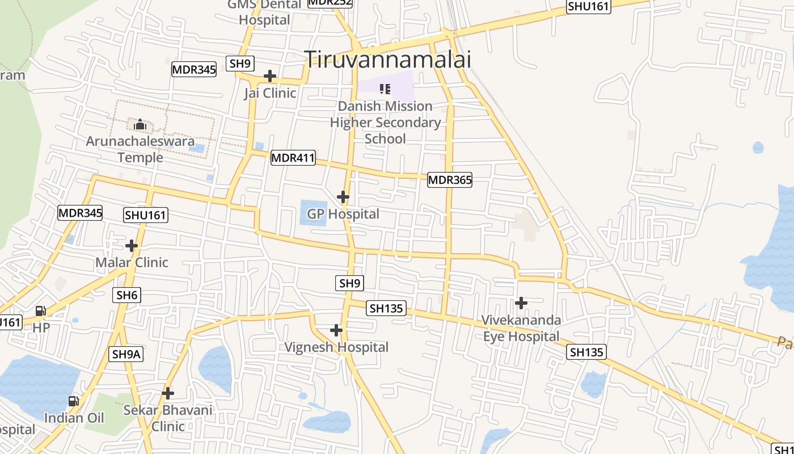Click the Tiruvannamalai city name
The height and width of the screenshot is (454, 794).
click(x=388, y=59)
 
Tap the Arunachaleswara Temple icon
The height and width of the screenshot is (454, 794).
click(x=140, y=124)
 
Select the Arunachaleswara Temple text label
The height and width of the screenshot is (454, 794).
click(x=140, y=149)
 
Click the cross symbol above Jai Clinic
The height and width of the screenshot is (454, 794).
click(x=270, y=75)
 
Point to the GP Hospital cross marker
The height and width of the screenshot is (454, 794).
click(x=343, y=197)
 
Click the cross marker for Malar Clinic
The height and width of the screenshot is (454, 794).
click(x=132, y=246)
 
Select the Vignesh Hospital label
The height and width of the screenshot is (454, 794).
click(x=336, y=347)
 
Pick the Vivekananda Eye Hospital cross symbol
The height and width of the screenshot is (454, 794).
click(x=521, y=303)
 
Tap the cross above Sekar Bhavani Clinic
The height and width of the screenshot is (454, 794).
click(x=168, y=393)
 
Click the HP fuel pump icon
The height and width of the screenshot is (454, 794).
click(x=41, y=311)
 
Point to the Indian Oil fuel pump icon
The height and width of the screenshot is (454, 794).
click(x=74, y=401)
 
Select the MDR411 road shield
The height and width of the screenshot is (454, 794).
click(x=293, y=158)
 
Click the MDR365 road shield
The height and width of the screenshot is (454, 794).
click(x=449, y=180)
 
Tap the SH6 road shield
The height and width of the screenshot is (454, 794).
click(x=127, y=295)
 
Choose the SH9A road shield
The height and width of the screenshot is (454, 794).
click(x=126, y=354)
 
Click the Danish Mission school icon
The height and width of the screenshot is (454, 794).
click(x=385, y=89)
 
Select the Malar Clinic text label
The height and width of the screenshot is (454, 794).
click(x=132, y=262)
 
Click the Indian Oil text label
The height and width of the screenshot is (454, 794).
click(x=74, y=418)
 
